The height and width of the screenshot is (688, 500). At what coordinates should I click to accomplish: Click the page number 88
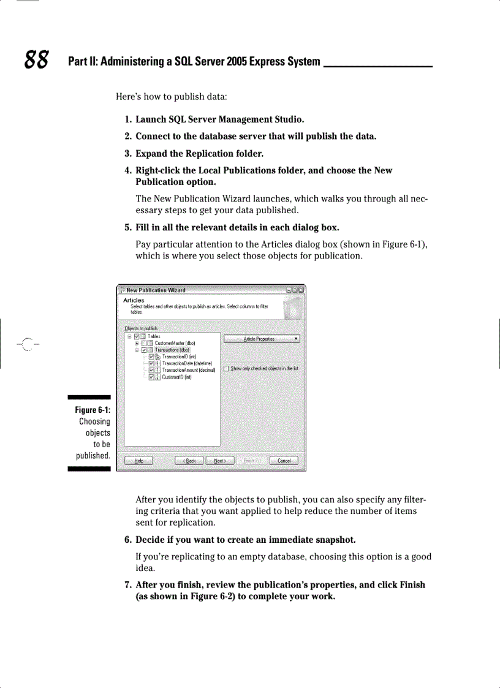[37, 60]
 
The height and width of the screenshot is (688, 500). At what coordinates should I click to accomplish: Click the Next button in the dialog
[220, 461]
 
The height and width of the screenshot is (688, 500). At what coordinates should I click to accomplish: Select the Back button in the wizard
[189, 461]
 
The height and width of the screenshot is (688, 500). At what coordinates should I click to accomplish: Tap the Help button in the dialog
[138, 461]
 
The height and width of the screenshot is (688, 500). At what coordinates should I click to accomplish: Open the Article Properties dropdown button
[262, 339]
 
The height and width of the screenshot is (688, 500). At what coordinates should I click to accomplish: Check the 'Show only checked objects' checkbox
[226, 369]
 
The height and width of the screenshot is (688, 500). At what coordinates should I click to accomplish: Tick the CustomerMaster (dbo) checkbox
[144, 344]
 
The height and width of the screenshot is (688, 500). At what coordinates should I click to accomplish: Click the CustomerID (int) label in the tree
[177, 377]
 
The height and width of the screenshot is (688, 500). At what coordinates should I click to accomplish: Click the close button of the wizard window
[301, 290]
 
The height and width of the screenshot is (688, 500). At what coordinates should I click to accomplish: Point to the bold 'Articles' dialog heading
[134, 300]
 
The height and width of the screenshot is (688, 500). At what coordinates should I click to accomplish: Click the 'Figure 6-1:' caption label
[93, 410]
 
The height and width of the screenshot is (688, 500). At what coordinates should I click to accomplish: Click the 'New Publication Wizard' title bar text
[156, 290]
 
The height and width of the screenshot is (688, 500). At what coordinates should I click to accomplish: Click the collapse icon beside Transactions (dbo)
[137, 350]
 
